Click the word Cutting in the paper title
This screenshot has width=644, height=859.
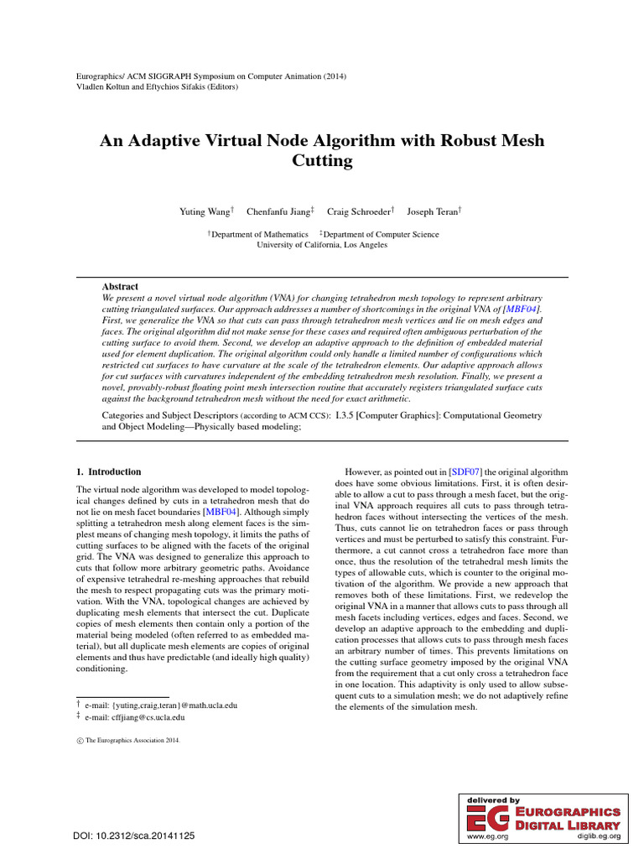click(322, 160)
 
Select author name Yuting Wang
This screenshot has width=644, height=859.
click(205, 211)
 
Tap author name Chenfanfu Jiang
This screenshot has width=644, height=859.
click(277, 211)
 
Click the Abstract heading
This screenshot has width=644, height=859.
click(120, 287)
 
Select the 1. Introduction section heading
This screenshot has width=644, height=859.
click(108, 471)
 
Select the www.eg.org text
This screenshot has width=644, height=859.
click(484, 837)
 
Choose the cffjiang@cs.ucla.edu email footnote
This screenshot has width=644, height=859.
click(134, 718)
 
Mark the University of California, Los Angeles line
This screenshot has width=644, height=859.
click(322, 245)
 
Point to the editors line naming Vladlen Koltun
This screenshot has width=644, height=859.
click(157, 86)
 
